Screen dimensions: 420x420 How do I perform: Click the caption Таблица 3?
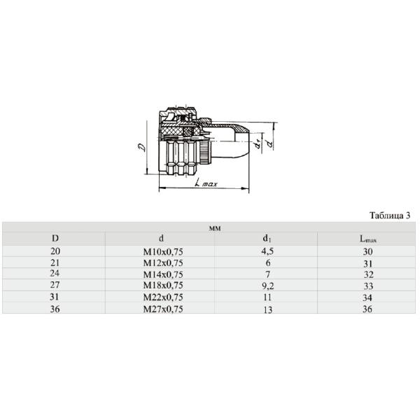tap(388, 215)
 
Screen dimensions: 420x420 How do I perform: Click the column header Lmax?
tap(368, 239)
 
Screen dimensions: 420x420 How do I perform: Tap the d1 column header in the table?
tap(266, 239)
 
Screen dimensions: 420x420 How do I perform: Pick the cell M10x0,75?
tap(162, 251)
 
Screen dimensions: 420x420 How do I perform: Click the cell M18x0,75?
tap(162, 286)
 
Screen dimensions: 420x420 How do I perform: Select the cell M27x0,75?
tap(162, 309)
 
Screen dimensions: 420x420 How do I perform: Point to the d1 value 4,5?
tap(266, 251)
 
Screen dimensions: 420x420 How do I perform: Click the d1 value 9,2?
tap(266, 286)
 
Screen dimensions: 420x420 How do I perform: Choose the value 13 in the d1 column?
tap(266, 310)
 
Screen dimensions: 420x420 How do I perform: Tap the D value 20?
tap(56, 251)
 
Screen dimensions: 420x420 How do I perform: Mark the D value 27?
tap(56, 286)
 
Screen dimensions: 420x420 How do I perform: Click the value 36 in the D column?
tap(56, 309)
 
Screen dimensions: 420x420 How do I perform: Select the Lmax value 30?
tap(369, 251)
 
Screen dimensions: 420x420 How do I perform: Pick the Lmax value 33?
tap(369, 286)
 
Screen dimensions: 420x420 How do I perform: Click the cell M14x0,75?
tap(162, 274)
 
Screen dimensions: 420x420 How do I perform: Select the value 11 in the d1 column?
tap(266, 297)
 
